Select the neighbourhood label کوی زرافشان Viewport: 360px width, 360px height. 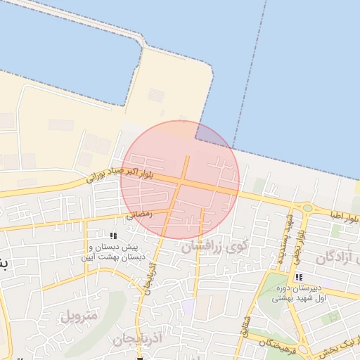coord(215,247)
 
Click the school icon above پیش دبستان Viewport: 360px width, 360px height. coord(114,236)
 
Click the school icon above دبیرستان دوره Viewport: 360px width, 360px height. coord(300,278)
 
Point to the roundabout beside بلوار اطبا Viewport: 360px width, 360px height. coord(307,208)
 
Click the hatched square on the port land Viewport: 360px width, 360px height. coord(156,95)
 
